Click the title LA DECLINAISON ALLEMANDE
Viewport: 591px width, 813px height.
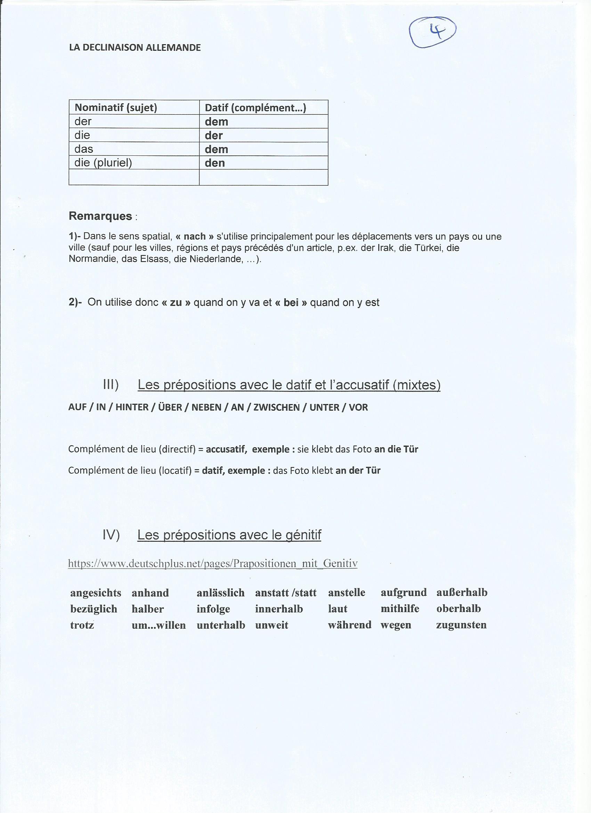[x=135, y=48]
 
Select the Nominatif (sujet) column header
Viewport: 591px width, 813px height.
[x=116, y=107]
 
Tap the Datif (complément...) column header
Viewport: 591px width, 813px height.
[x=255, y=107]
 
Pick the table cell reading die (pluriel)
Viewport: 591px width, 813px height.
[x=103, y=163]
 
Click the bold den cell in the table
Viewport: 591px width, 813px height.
[x=215, y=163]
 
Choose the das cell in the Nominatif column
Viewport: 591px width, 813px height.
[x=84, y=149]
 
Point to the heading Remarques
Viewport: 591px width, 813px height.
[x=100, y=216]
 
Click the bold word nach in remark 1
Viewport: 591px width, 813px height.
[x=195, y=236]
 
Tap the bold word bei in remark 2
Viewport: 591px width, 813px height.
[x=291, y=303]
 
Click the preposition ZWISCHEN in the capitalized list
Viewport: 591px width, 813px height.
[x=276, y=407]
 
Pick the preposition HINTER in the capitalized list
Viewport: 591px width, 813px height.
[x=132, y=407]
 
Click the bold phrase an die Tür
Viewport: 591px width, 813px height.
[x=396, y=449]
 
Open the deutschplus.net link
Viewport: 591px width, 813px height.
[x=212, y=564]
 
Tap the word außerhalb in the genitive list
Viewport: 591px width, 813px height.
[x=462, y=593]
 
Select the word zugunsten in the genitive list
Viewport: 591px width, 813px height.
[x=461, y=625]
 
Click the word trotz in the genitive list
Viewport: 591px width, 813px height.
[x=82, y=625]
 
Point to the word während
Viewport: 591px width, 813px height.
[x=349, y=625]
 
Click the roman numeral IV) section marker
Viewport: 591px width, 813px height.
[x=111, y=535]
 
